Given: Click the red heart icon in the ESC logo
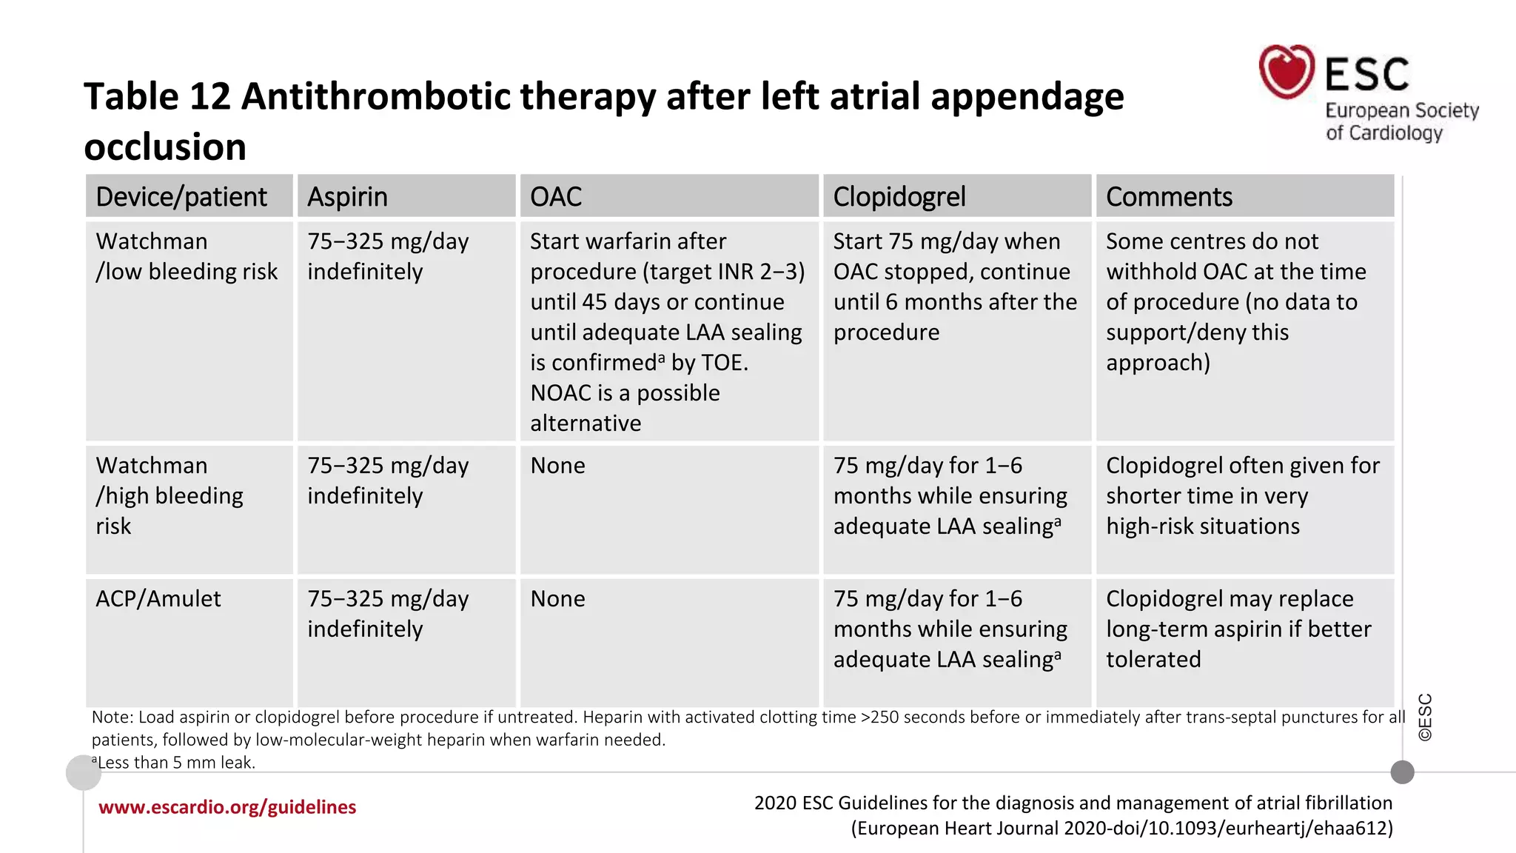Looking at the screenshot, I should click(x=1287, y=71).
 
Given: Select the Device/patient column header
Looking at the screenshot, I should click(x=181, y=197).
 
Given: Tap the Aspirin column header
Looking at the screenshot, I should click(x=347, y=197).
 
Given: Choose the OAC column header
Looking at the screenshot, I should click(x=556, y=197).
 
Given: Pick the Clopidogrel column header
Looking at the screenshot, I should click(x=899, y=197).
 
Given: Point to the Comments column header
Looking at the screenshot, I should click(x=1169, y=197).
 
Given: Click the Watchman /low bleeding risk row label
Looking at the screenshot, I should click(x=187, y=256).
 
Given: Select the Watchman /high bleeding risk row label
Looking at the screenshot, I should click(x=170, y=495).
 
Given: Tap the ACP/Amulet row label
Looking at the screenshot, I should click(x=158, y=598).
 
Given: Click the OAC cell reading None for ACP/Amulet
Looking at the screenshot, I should click(x=557, y=598).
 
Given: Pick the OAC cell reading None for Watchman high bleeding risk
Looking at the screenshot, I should click(x=557, y=466).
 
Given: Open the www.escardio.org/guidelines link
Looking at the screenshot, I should click(x=227, y=807).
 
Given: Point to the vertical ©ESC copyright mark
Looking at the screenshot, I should click(x=1425, y=717).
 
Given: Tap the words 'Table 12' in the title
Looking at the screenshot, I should click(x=157, y=96).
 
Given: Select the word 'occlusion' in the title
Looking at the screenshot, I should click(x=165, y=147).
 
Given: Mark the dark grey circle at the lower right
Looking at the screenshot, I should click(x=1402, y=772).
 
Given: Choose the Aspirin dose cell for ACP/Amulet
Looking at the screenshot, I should click(x=388, y=613).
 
